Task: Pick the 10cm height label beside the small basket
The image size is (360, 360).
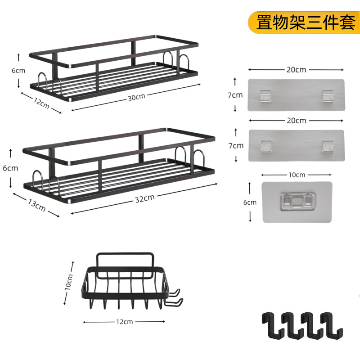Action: click(69, 282)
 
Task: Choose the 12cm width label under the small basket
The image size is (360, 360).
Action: click(124, 322)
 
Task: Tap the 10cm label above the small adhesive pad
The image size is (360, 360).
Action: click(297, 175)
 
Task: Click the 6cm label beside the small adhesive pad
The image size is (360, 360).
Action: click(250, 202)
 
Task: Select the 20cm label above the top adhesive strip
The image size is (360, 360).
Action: click(296, 69)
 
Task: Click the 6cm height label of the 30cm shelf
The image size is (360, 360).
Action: click(18, 71)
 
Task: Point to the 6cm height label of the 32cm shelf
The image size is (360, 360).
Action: click(10, 168)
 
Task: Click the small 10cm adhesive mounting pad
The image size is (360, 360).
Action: click(297, 202)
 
